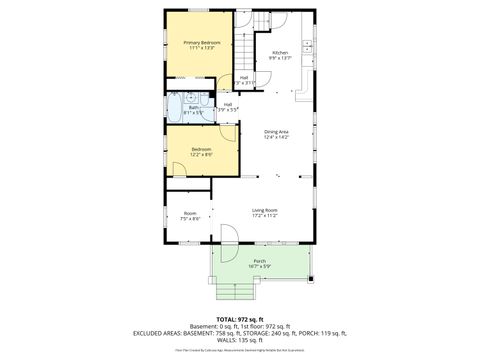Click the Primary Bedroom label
point(202,43)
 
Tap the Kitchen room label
point(280,52)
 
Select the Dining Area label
point(277,132)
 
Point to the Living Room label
point(264,210)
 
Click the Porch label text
point(259,262)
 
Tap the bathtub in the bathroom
point(176,107)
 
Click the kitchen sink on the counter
point(310,49)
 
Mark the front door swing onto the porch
point(228,236)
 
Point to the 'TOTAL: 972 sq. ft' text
point(240,318)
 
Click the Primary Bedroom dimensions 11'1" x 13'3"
point(202,49)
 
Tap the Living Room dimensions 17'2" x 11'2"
point(264,216)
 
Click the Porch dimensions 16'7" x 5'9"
point(259,268)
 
